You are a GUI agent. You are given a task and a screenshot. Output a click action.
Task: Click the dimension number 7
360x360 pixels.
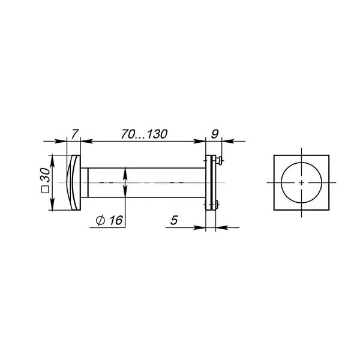[x=75, y=134]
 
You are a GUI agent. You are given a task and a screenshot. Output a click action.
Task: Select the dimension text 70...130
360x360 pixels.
[x=144, y=134]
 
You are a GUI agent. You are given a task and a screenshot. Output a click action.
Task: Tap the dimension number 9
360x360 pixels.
[x=214, y=134]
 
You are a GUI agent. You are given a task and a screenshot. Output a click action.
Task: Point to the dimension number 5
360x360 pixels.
[x=174, y=220]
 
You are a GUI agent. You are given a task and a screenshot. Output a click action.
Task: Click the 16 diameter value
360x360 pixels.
[x=116, y=220]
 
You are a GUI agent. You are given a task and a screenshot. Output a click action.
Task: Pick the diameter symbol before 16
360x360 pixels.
[x=100, y=221]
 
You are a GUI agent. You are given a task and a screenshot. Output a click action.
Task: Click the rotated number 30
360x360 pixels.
[x=45, y=175]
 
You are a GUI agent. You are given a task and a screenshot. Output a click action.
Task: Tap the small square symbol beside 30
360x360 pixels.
[x=45, y=190]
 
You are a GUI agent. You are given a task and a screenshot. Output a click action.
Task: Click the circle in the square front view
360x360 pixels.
[x=281, y=182]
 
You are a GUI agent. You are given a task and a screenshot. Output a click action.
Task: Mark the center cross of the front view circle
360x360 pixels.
[x=301, y=183]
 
